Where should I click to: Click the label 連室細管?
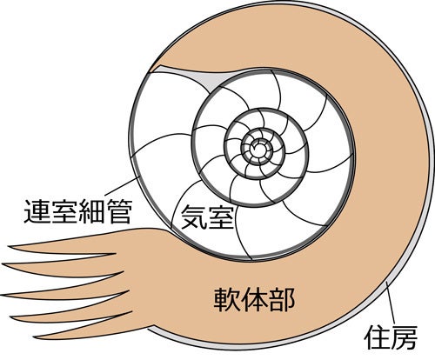pos(78,211)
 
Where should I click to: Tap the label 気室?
pos(207,217)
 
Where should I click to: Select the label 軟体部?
pos(254,300)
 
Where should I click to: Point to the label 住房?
pos(391,337)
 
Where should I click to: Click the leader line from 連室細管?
pos(121,186)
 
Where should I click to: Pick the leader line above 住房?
pos(390,303)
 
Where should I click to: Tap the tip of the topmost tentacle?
pos(9,247)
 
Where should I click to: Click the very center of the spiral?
pos(258,148)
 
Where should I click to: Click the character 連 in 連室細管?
pos(37,211)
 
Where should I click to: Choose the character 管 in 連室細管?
pos(120,211)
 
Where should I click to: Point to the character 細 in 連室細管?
pos(92,211)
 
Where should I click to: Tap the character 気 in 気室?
pos(194,217)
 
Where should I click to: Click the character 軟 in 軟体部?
pos(226,300)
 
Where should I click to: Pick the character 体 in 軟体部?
pos(254,300)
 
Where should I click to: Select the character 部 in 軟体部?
pos(282,300)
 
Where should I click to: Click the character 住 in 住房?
pos(377,337)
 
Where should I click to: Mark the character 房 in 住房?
pos(405,337)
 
